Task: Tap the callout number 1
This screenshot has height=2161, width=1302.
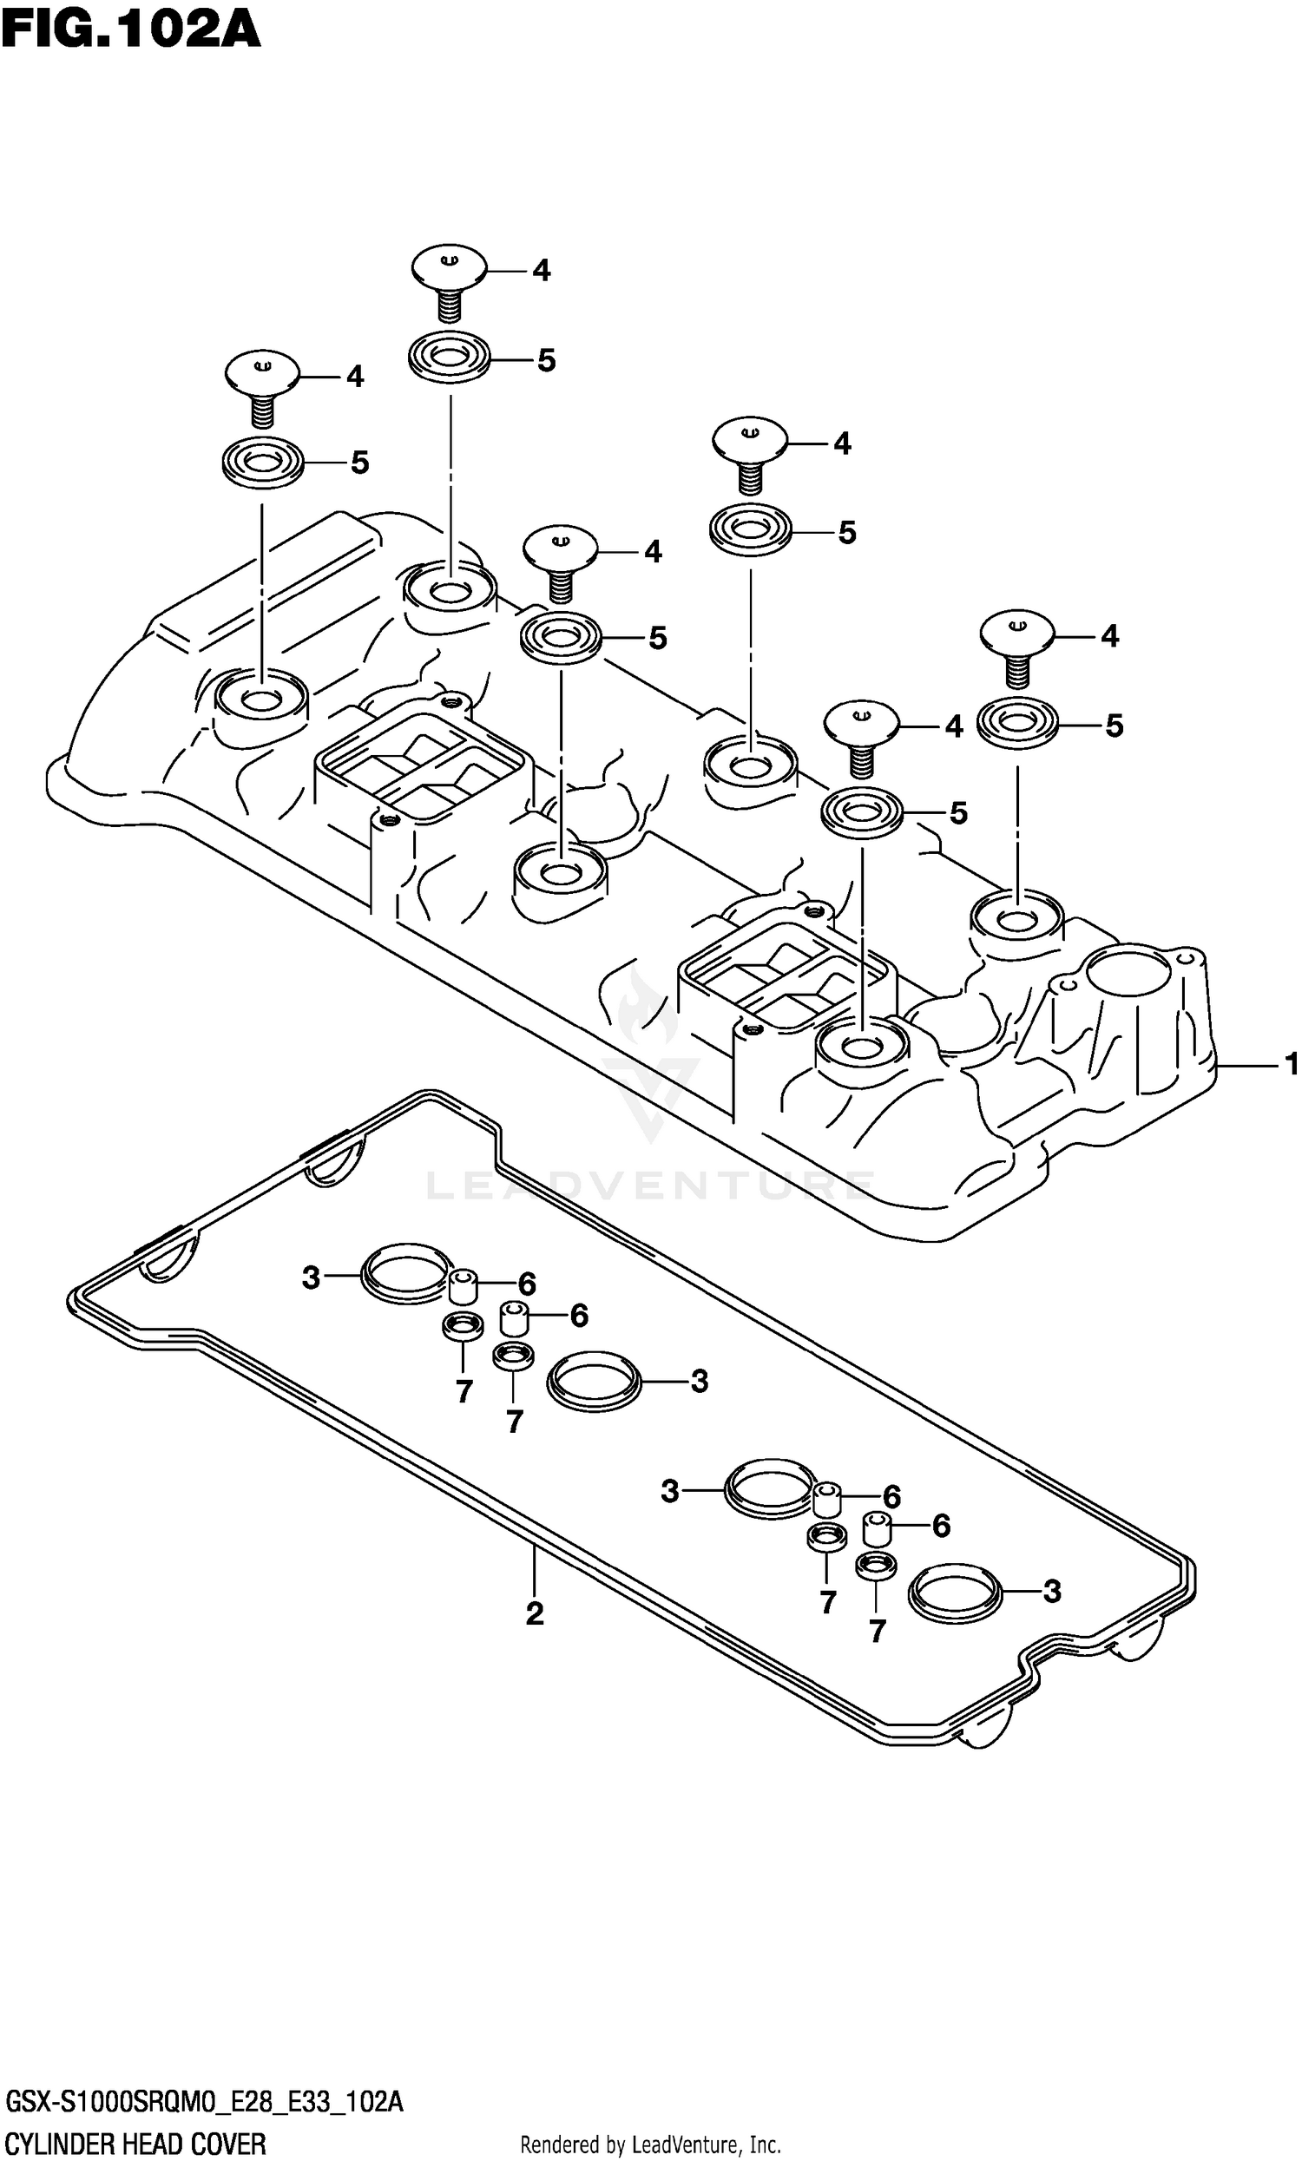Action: coord(1291,1065)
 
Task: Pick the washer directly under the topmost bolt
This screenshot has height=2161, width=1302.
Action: coord(450,357)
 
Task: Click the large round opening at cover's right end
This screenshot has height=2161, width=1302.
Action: coord(1128,975)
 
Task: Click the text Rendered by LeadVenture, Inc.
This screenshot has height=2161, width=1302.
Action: coord(650,2145)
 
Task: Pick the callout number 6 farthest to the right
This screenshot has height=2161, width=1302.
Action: coord(941,1526)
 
